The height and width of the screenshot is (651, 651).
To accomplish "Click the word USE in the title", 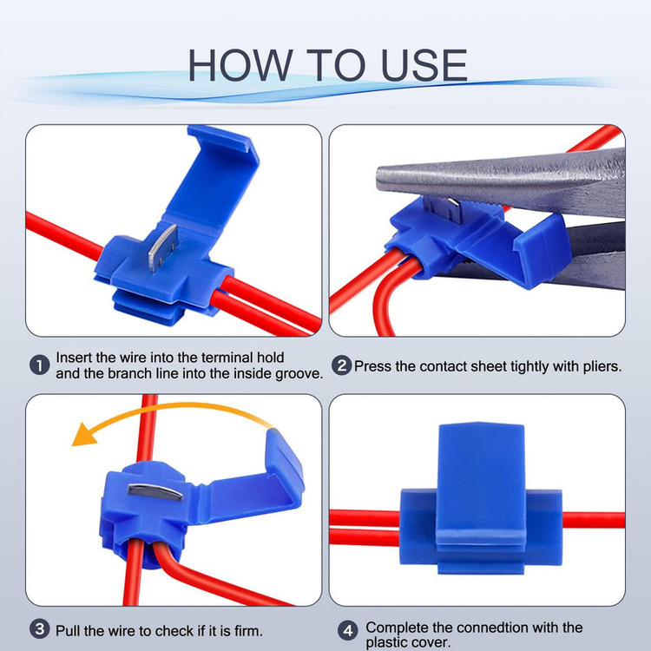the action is pyautogui.click(x=424, y=65).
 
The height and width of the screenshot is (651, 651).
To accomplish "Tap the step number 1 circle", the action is pyautogui.click(x=39, y=365).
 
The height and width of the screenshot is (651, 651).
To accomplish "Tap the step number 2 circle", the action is pyautogui.click(x=341, y=365).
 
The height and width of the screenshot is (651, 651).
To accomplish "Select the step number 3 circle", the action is pyautogui.click(x=39, y=629).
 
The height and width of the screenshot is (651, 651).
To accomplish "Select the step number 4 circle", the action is pyautogui.click(x=348, y=631).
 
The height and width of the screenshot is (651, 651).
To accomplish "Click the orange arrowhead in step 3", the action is pyautogui.click(x=85, y=436).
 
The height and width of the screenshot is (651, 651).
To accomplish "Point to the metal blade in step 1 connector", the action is pyautogui.click(x=163, y=248).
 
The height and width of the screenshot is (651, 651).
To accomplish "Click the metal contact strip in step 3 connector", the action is pyautogui.click(x=155, y=492).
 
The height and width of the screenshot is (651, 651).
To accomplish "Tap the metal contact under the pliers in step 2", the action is pyautogui.click(x=441, y=207).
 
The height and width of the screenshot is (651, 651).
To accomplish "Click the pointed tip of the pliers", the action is pyautogui.click(x=378, y=179).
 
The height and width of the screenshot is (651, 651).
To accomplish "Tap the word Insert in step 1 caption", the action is pyautogui.click(x=74, y=358).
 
